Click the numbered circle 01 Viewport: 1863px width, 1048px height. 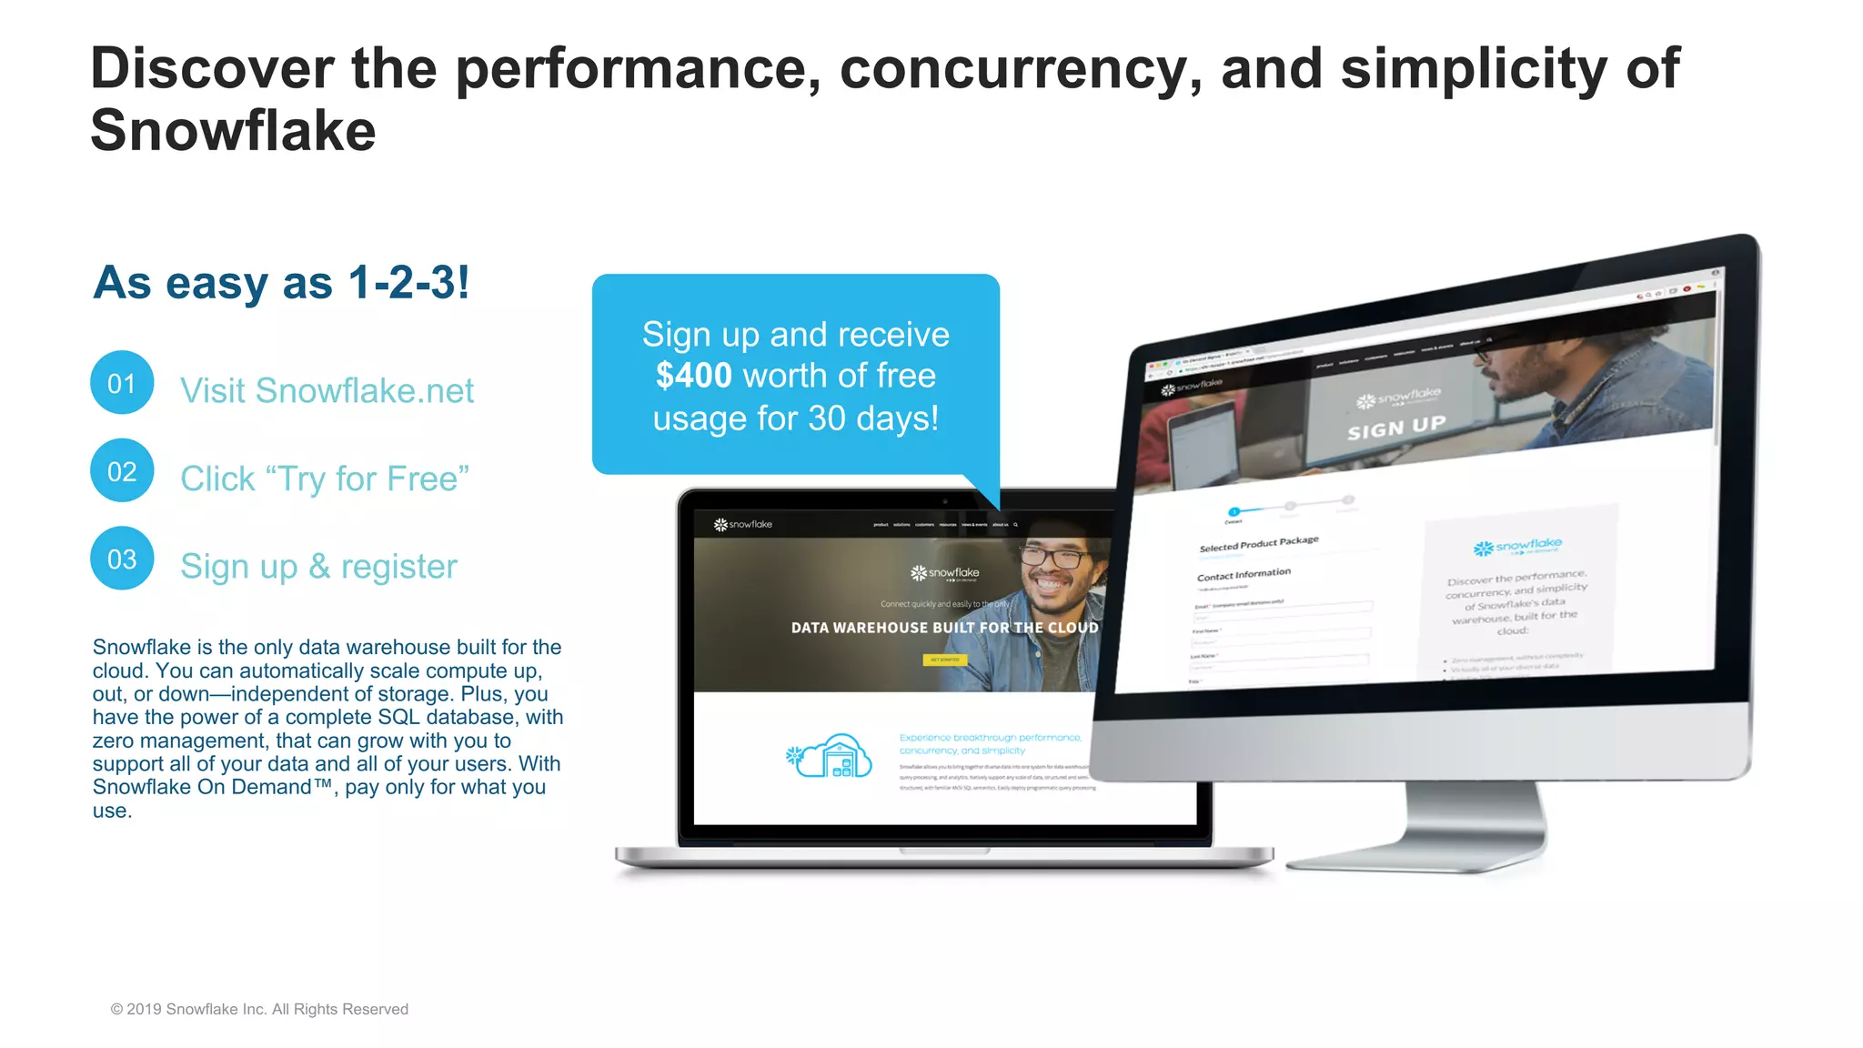tap(122, 383)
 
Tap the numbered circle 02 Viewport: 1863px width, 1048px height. tap(122, 471)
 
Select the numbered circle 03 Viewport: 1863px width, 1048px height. tap(122, 559)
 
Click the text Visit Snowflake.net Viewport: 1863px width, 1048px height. tap(327, 390)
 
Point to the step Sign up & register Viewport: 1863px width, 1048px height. tap(318, 566)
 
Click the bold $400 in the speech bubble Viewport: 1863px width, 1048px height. tap(693, 376)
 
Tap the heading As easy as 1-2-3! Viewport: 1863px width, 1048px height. tap(281, 282)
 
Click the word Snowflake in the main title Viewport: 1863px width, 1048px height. tap(233, 130)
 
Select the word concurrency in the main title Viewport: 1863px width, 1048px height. tap(1019, 69)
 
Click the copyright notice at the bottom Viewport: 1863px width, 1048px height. tap(259, 1009)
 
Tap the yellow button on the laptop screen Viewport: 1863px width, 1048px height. tap(945, 660)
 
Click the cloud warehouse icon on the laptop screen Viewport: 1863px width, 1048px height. tap(830, 756)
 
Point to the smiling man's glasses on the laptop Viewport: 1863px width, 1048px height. tap(1053, 556)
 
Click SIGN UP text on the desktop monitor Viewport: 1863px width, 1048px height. tap(1396, 427)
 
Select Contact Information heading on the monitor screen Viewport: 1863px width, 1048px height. tap(1244, 575)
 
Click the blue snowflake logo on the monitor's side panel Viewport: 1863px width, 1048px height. tap(1517, 546)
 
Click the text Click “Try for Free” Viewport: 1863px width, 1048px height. tap(324, 479)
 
